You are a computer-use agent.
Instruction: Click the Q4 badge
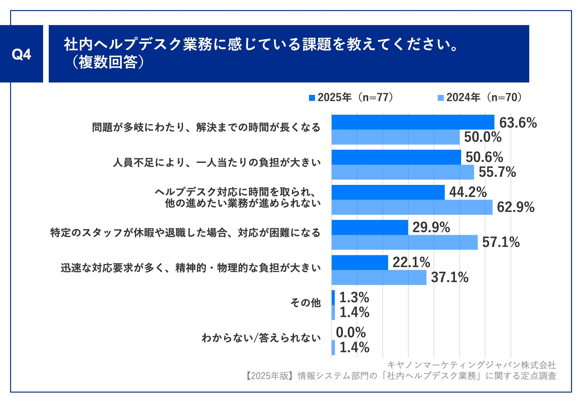(21, 54)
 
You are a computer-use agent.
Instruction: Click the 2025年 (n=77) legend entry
(352, 97)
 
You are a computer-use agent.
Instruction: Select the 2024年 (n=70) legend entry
(480, 97)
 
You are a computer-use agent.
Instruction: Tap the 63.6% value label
(518, 123)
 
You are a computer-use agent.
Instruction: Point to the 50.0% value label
(483, 137)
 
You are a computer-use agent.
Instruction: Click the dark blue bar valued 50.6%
(396, 157)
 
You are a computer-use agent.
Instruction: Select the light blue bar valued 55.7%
(403, 172)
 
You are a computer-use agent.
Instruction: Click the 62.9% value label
(515, 207)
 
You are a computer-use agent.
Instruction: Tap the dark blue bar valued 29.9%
(369, 228)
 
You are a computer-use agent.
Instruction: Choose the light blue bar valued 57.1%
(404, 242)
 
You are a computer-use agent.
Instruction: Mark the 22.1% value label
(411, 262)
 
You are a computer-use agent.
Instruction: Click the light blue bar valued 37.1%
(379, 277)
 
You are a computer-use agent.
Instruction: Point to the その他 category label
(305, 303)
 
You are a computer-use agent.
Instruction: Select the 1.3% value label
(354, 297)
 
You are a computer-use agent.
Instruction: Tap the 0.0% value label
(351, 333)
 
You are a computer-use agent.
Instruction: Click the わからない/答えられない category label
(261, 338)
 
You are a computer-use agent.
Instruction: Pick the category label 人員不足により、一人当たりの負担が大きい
(217, 163)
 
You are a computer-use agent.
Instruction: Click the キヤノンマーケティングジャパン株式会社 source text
(471, 365)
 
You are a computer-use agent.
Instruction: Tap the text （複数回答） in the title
(107, 63)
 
